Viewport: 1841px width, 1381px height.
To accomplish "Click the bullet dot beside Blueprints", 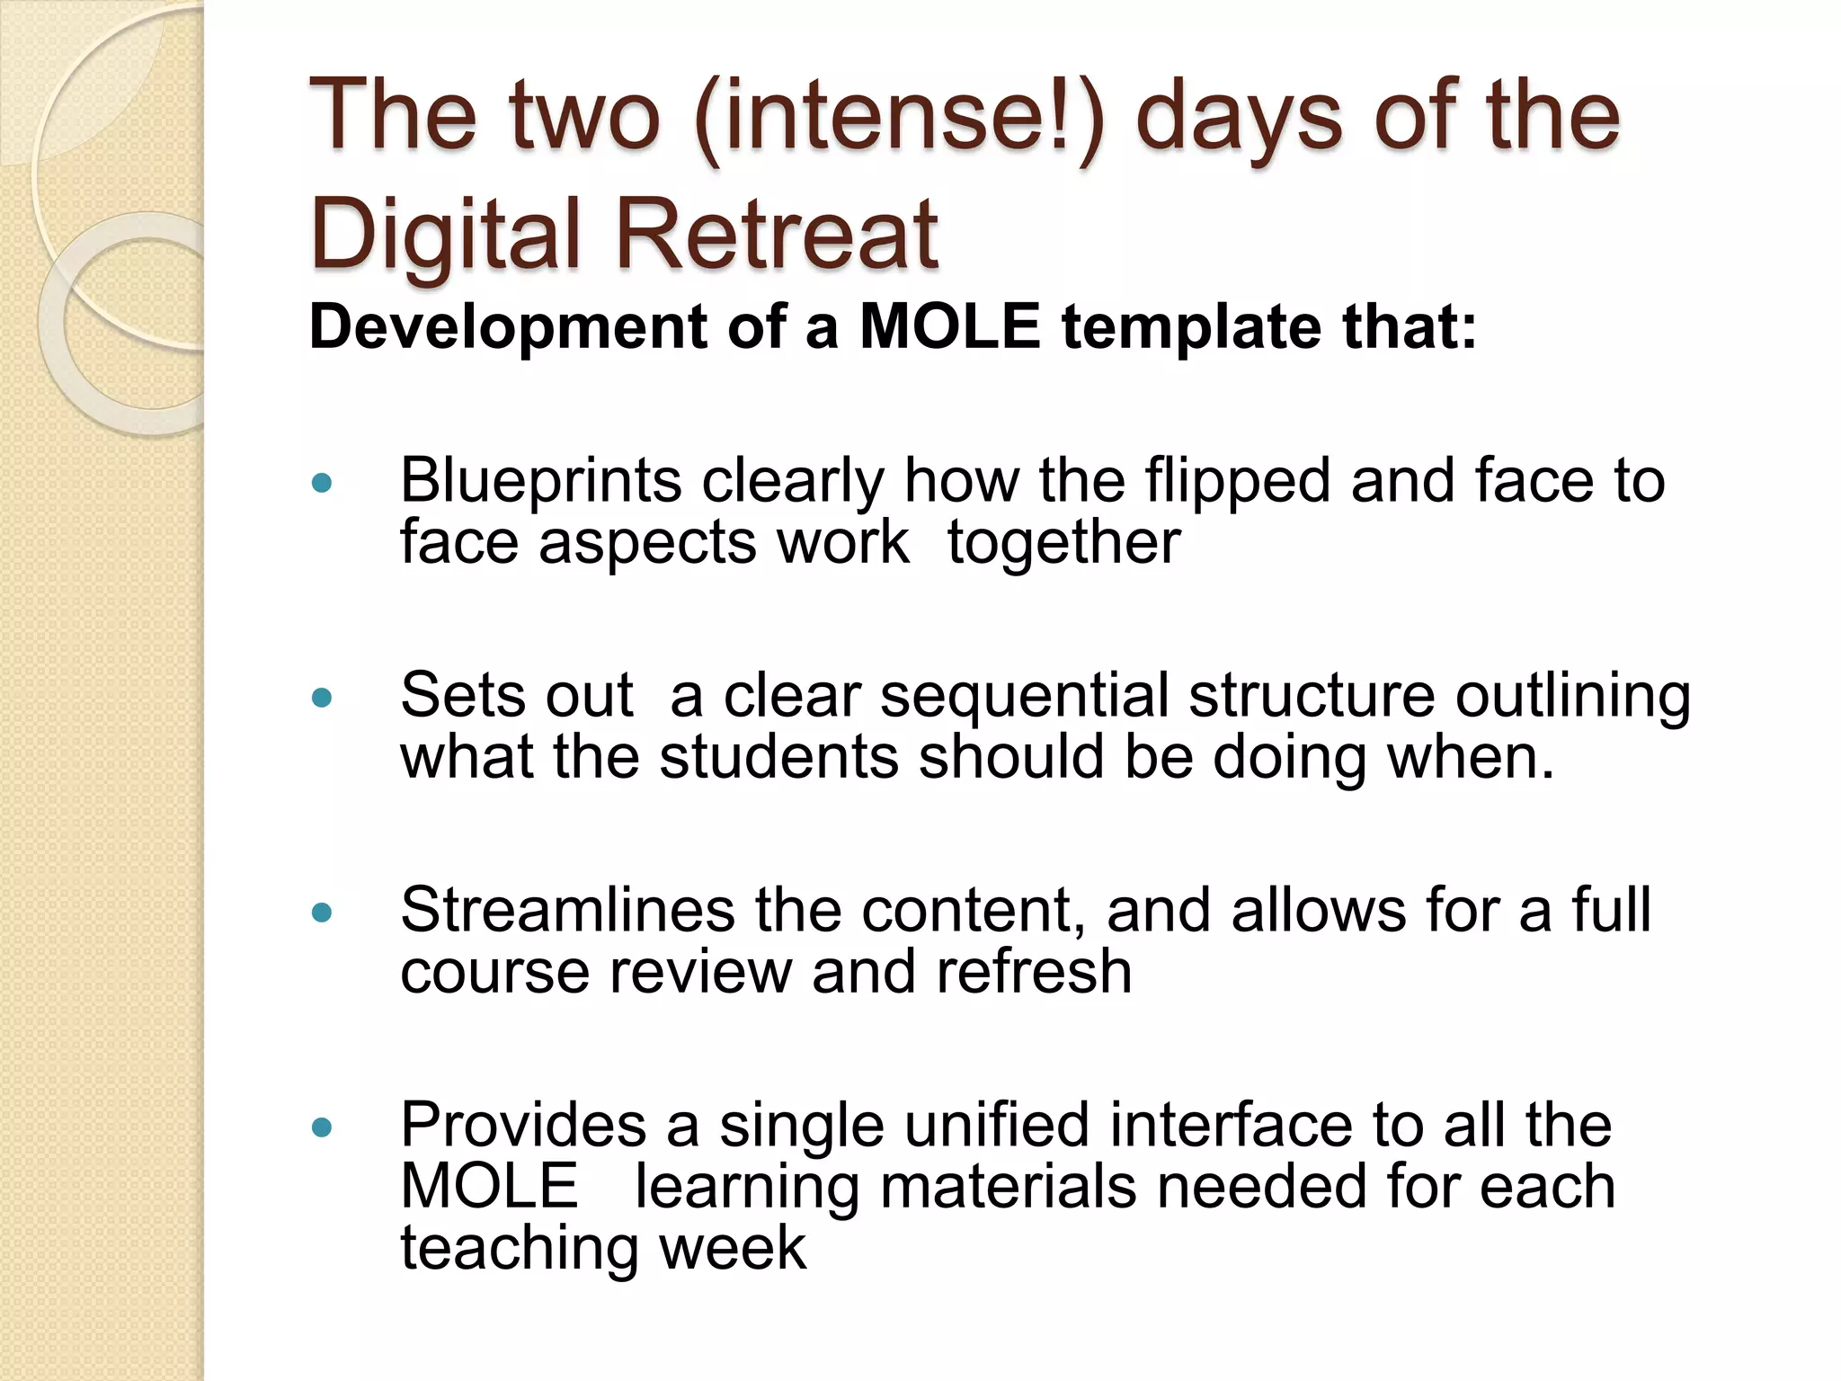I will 321,485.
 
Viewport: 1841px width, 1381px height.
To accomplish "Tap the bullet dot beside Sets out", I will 321,699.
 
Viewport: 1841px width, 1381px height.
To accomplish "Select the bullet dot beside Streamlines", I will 321,913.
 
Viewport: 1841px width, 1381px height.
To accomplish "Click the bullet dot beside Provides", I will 321,1127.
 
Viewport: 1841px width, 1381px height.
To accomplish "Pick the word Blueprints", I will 540,482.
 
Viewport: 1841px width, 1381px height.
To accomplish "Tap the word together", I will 1063,543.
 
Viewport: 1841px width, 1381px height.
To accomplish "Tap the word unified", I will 996,1125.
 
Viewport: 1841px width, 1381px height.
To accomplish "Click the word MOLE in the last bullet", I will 489,1187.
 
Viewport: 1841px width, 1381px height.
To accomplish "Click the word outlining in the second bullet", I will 1573,696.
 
